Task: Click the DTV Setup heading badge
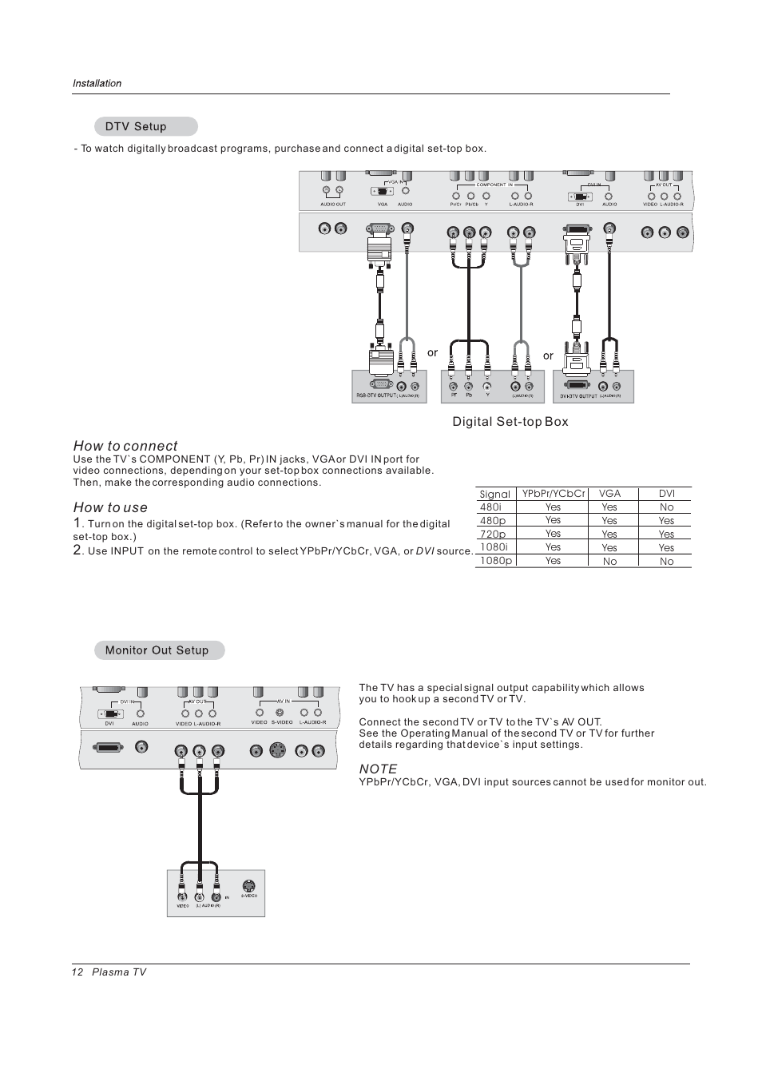[x=145, y=126]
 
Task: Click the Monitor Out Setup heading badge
[x=159, y=650]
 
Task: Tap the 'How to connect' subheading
[x=125, y=446]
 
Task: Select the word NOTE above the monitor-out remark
[x=378, y=769]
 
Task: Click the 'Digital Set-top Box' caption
[x=510, y=422]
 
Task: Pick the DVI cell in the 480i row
[x=666, y=507]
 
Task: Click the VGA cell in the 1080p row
[x=609, y=561]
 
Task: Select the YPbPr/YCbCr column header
[x=554, y=494]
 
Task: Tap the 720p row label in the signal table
[x=493, y=534]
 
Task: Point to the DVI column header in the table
[x=666, y=494]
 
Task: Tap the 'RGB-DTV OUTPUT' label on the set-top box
[x=375, y=395]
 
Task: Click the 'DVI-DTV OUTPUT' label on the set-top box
[x=578, y=395]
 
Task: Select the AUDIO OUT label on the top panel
[x=333, y=205]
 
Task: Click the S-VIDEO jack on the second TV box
[x=249, y=886]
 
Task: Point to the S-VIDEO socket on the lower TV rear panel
[x=276, y=750]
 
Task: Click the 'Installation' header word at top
[x=97, y=83]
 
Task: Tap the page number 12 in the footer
[x=77, y=972]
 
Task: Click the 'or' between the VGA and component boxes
[x=432, y=352]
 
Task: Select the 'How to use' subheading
[x=110, y=507]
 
